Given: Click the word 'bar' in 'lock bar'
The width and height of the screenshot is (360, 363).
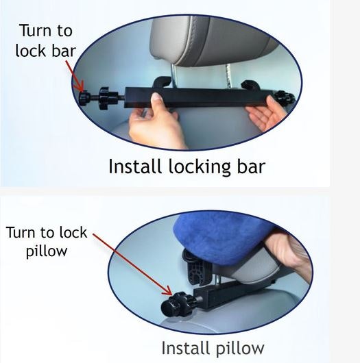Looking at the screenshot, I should coord(61,52).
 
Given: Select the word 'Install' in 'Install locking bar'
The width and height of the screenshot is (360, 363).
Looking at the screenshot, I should coord(133,166).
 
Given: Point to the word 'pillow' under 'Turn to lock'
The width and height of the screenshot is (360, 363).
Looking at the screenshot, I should coord(47,251).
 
